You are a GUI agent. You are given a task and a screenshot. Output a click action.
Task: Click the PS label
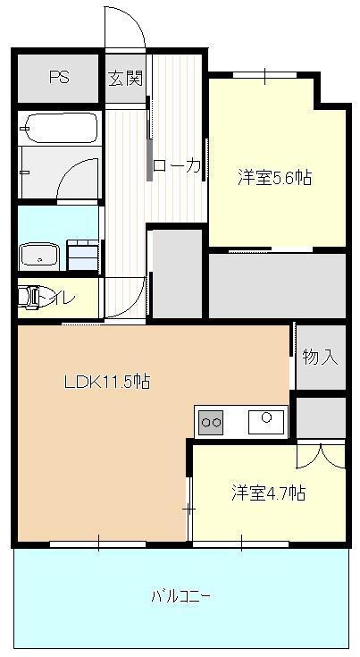coord(59,77)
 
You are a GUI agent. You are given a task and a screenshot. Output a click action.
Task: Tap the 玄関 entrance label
coord(126,78)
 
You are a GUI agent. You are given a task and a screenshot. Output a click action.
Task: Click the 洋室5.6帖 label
coord(274,177)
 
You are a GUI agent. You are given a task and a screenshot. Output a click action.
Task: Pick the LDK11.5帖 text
coord(106,382)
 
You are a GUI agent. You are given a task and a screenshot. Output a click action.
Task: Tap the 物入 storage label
coord(320,358)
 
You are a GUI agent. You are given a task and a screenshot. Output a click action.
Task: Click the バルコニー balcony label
coord(180,597)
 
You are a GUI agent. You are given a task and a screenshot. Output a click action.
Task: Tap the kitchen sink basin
coord(267,418)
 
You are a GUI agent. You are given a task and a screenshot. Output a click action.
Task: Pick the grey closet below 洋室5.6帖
coord(277,285)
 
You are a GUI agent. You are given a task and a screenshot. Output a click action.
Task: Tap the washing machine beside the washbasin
coord(82,255)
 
